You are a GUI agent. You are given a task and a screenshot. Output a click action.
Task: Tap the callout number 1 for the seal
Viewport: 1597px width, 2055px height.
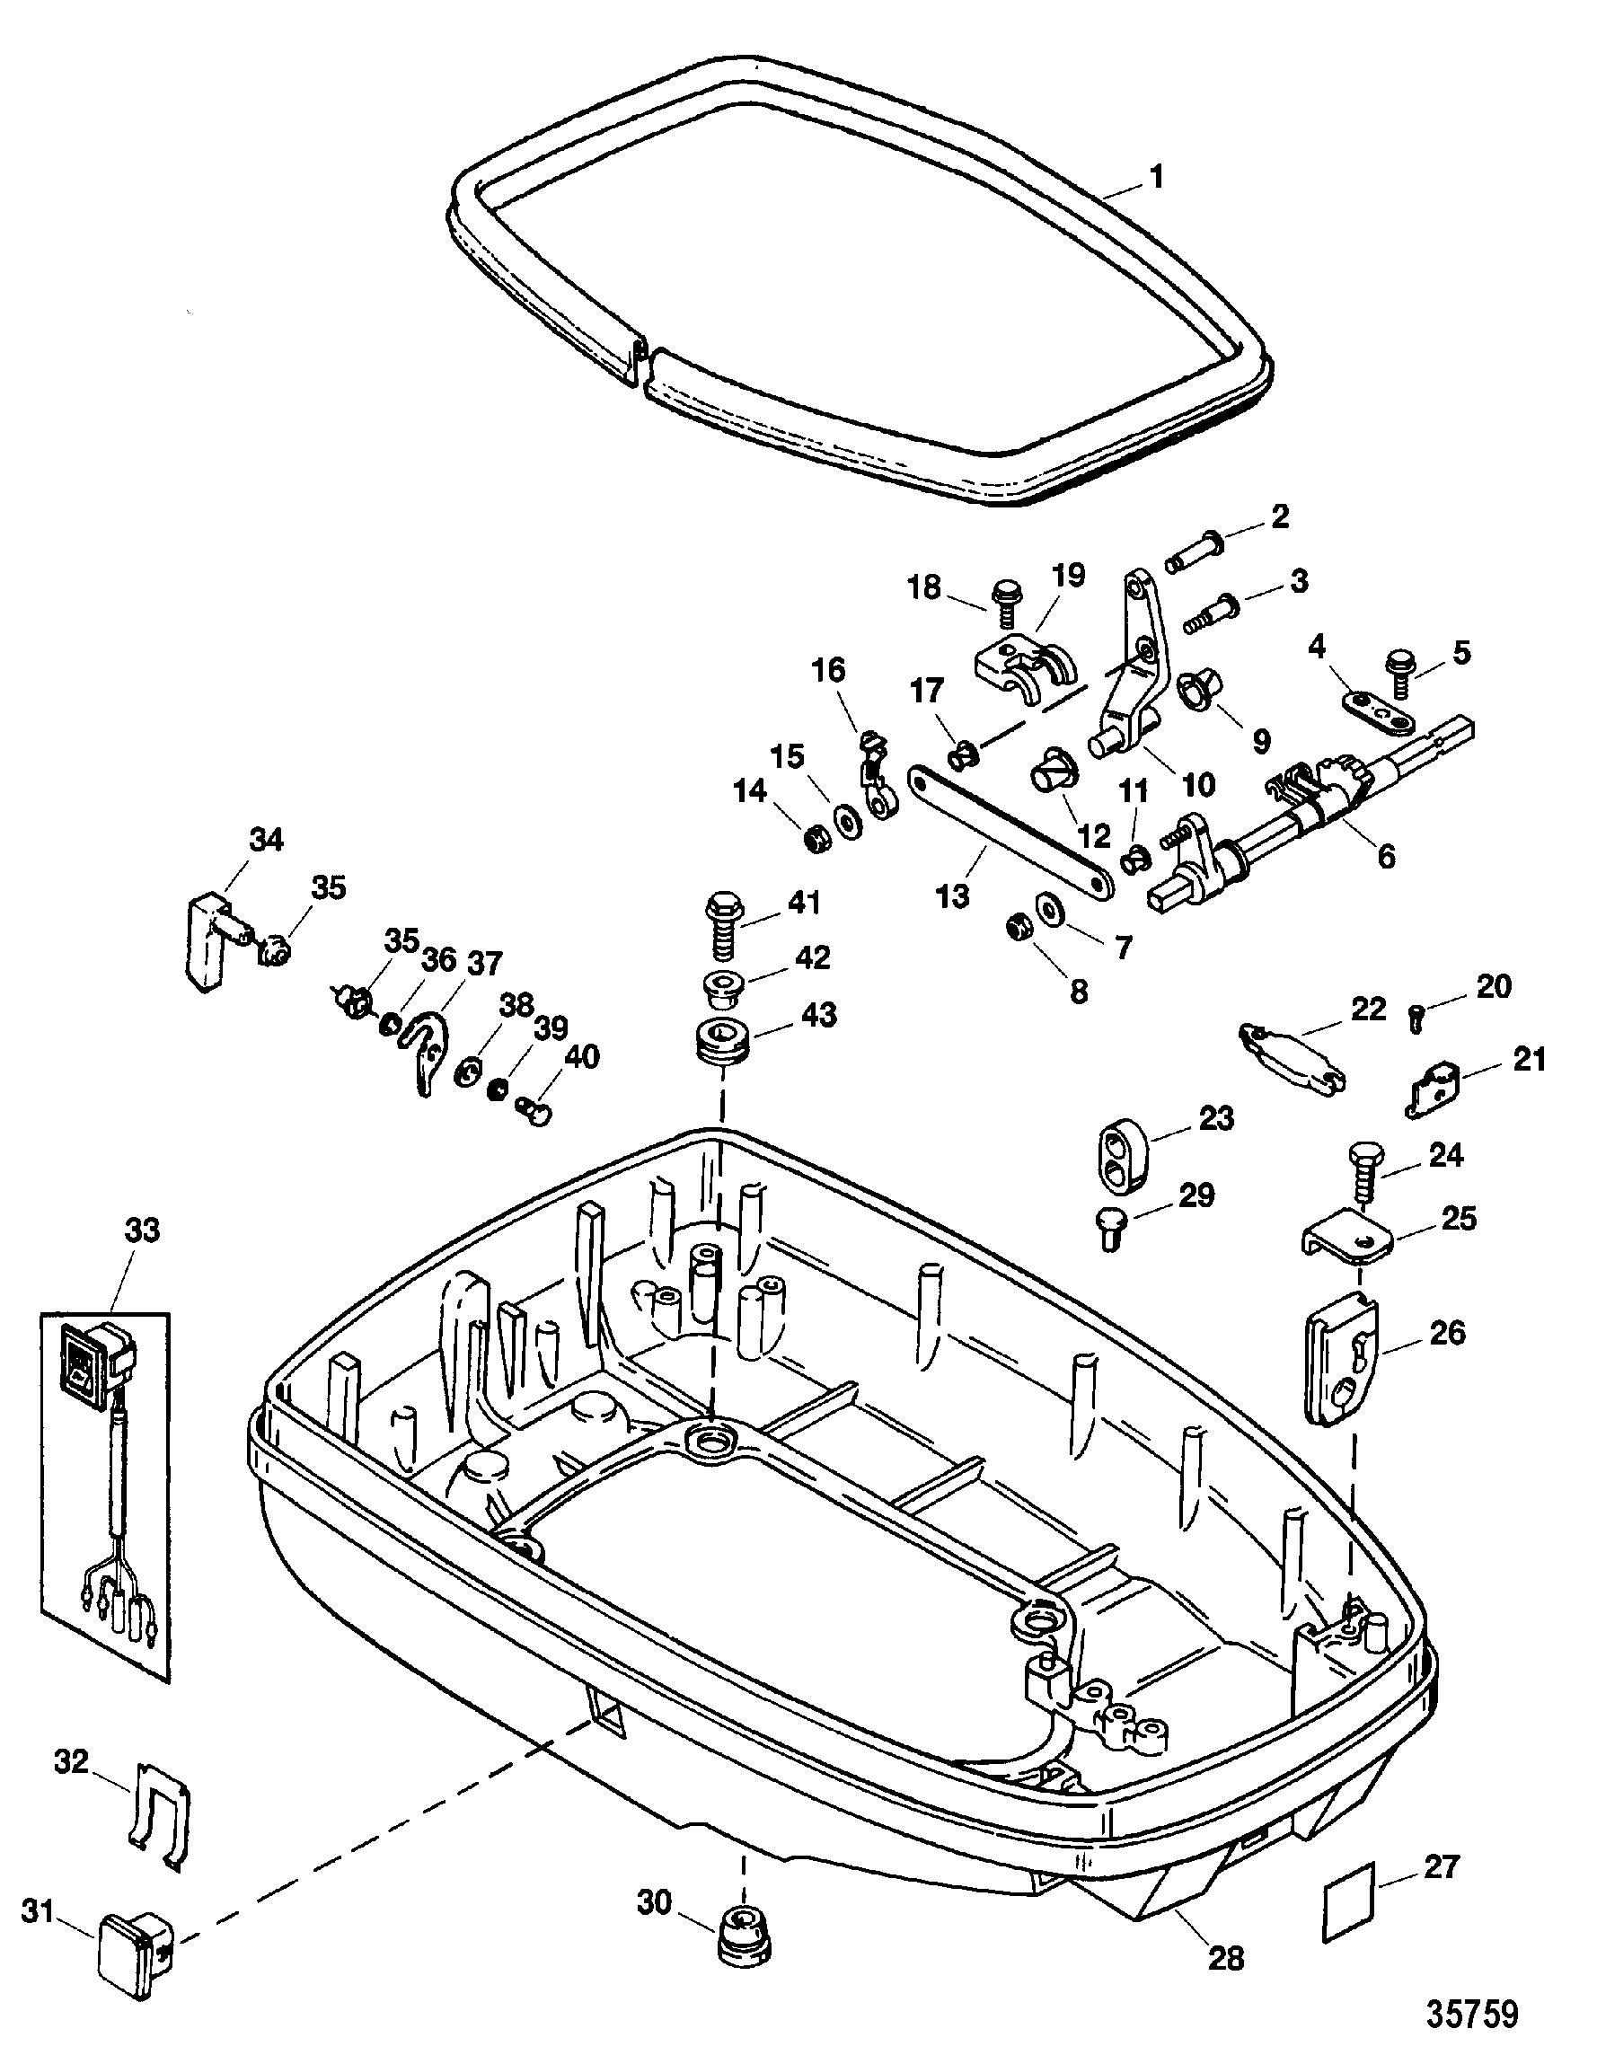click(1157, 176)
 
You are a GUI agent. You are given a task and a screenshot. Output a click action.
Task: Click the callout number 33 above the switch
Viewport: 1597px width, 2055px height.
click(142, 1230)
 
